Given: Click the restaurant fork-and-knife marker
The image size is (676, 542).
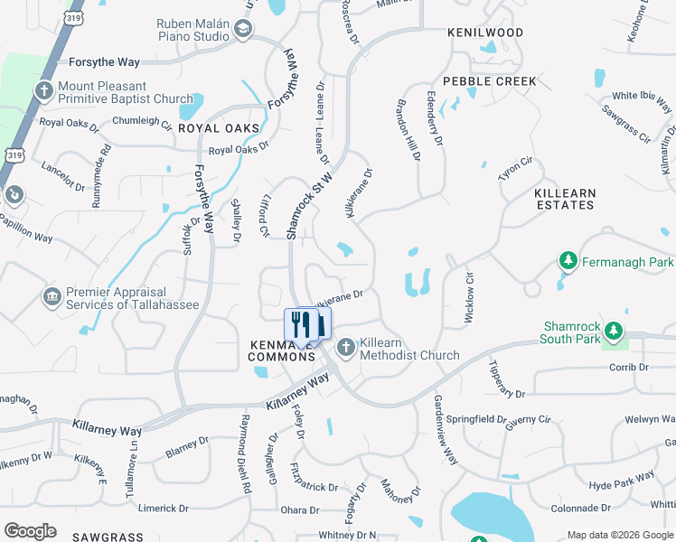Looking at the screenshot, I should (x=307, y=324).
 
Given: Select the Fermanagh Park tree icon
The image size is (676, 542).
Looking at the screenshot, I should (x=568, y=262).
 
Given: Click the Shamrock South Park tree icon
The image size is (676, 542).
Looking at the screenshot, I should (x=615, y=332).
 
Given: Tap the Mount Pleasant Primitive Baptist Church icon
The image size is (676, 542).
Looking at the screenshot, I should (x=43, y=90).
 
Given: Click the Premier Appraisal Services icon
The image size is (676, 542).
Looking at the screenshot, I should (x=52, y=296).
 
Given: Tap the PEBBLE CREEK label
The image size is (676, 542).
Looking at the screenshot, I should (x=490, y=81).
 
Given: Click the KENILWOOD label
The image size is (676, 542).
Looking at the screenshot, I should (x=485, y=33).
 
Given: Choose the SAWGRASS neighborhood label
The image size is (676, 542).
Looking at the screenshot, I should (x=108, y=537).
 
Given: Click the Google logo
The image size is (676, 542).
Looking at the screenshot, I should (x=30, y=531).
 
